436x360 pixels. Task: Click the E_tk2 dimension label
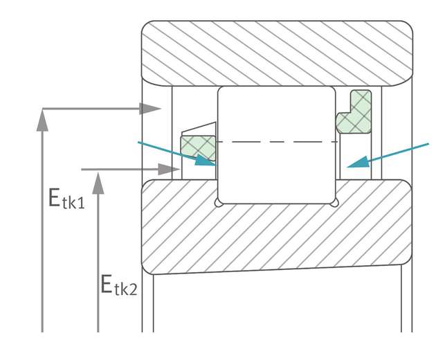click(118, 284)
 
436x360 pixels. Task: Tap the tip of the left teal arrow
click(215, 165)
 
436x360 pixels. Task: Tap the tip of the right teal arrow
click(347, 166)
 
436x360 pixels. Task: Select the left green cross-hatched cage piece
click(197, 147)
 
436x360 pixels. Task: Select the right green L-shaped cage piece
click(354, 114)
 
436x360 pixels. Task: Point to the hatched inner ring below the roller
click(277, 235)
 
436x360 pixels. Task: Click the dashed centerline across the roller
click(277, 142)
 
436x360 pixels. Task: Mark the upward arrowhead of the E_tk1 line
click(43, 119)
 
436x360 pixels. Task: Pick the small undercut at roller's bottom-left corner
click(219, 202)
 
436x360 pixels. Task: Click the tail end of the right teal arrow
click(428, 144)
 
